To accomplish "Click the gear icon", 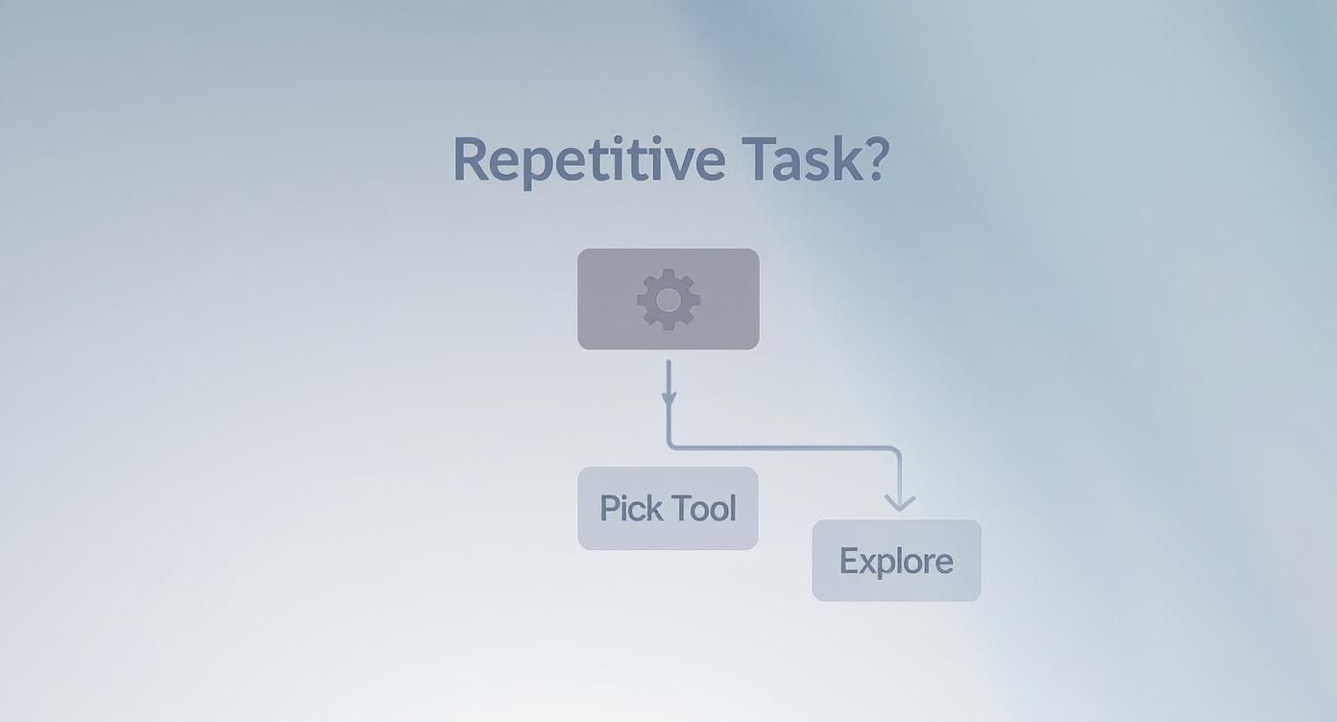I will [668, 300].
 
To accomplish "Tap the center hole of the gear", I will [668, 300].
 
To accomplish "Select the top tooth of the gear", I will [668, 275].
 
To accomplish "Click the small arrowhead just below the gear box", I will [668, 398].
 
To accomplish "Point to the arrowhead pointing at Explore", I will [899, 502].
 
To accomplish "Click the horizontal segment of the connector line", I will [783, 447].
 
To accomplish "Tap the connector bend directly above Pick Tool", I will [671, 445].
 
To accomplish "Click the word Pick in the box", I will [628, 508].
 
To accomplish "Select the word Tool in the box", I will [704, 508].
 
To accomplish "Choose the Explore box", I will [896, 561].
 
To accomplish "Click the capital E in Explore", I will [848, 561].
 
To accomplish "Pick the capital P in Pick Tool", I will [609, 508].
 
